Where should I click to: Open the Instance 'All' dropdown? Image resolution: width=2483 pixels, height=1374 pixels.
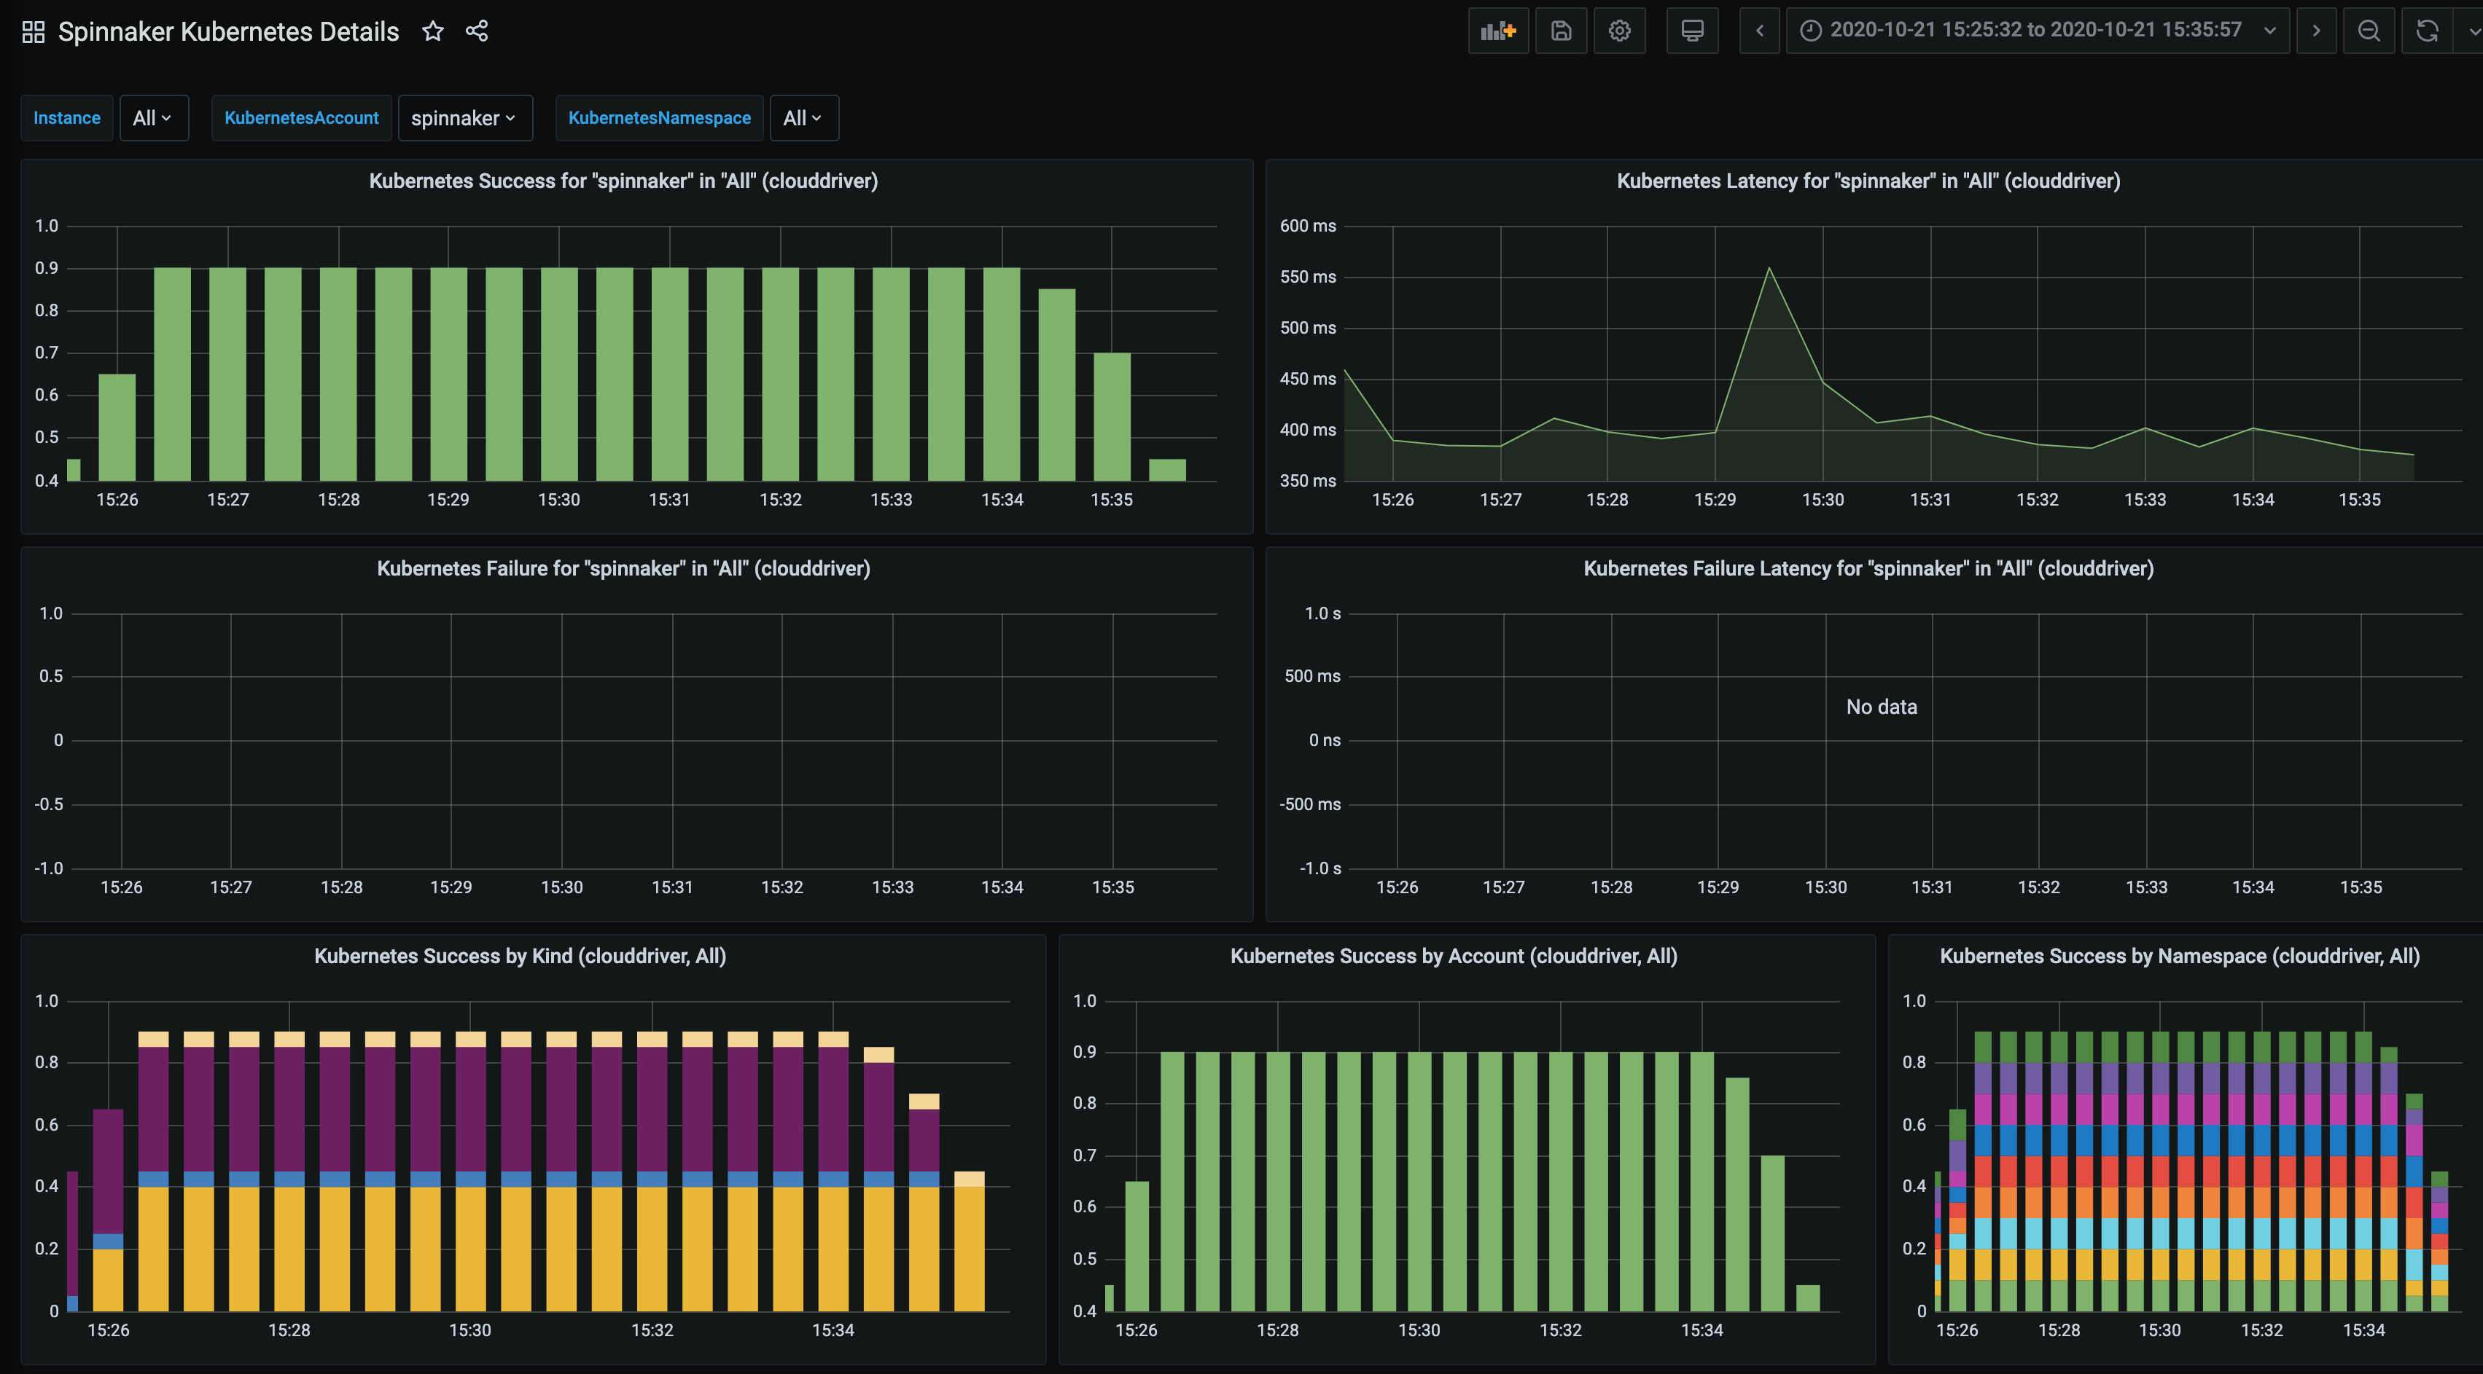tap(152, 117)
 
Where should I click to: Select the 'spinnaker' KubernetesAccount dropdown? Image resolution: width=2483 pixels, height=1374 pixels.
tap(464, 117)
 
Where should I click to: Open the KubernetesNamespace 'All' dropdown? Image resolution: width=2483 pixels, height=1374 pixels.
tap(802, 117)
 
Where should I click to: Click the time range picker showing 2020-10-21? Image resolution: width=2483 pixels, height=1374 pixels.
tap(2035, 30)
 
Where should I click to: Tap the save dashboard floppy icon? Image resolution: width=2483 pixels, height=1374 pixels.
tap(1561, 31)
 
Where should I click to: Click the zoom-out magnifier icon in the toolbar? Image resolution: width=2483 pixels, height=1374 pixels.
tap(2369, 31)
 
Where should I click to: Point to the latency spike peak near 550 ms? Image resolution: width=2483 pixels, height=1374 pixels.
tap(1769, 269)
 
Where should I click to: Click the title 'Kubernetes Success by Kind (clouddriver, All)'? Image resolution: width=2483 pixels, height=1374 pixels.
tap(520, 956)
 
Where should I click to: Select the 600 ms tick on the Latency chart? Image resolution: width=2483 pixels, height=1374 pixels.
tap(1307, 225)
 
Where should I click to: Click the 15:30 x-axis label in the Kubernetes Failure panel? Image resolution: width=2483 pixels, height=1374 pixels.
tap(561, 887)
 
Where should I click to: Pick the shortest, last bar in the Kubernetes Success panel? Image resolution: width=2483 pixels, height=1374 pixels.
tap(1167, 469)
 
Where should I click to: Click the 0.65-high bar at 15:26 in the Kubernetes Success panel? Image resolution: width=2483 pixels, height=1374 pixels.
tap(117, 427)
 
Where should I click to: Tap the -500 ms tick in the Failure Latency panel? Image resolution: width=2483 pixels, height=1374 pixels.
tap(1309, 804)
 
